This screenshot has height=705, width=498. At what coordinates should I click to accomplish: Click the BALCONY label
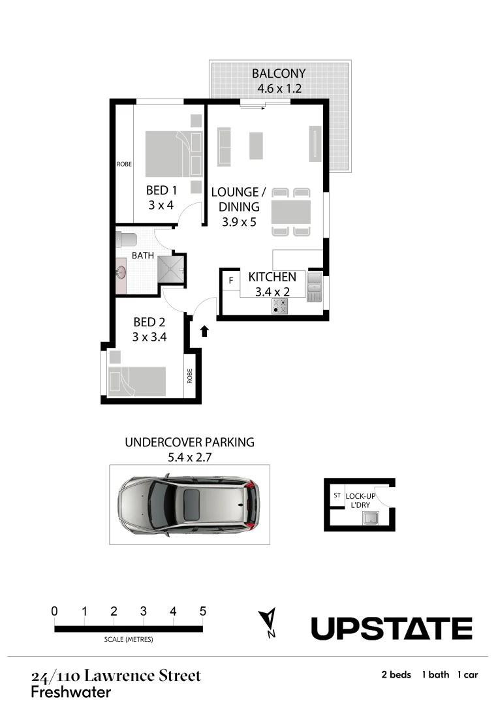(x=279, y=73)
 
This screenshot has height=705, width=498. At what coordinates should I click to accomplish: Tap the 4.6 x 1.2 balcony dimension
(x=279, y=89)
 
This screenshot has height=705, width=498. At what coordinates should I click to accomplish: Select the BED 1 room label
(x=161, y=191)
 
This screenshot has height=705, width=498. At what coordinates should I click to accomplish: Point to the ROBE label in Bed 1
(x=124, y=164)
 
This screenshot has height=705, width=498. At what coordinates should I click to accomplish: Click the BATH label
(x=143, y=255)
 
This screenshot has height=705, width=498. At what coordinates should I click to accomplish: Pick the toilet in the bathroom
(x=125, y=238)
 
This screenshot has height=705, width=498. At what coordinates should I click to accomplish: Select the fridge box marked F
(x=230, y=281)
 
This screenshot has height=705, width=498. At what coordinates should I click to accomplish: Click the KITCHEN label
(x=272, y=277)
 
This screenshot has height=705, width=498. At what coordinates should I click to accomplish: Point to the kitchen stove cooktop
(x=281, y=305)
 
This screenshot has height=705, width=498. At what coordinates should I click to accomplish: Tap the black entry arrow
(x=204, y=331)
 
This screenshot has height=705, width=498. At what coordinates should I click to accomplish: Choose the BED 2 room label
(x=149, y=322)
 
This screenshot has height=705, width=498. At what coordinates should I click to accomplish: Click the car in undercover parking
(x=189, y=505)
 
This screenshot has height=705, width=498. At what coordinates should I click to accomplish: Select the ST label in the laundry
(x=337, y=495)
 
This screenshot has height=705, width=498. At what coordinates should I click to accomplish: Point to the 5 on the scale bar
(x=203, y=612)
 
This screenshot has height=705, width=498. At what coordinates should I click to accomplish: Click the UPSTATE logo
(x=391, y=628)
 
